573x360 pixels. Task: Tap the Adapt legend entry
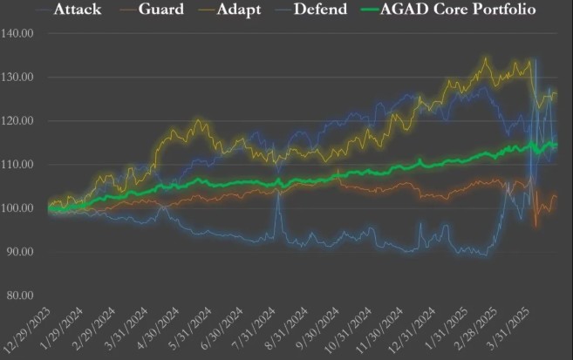click(243, 11)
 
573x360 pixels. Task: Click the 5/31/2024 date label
click(188, 330)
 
